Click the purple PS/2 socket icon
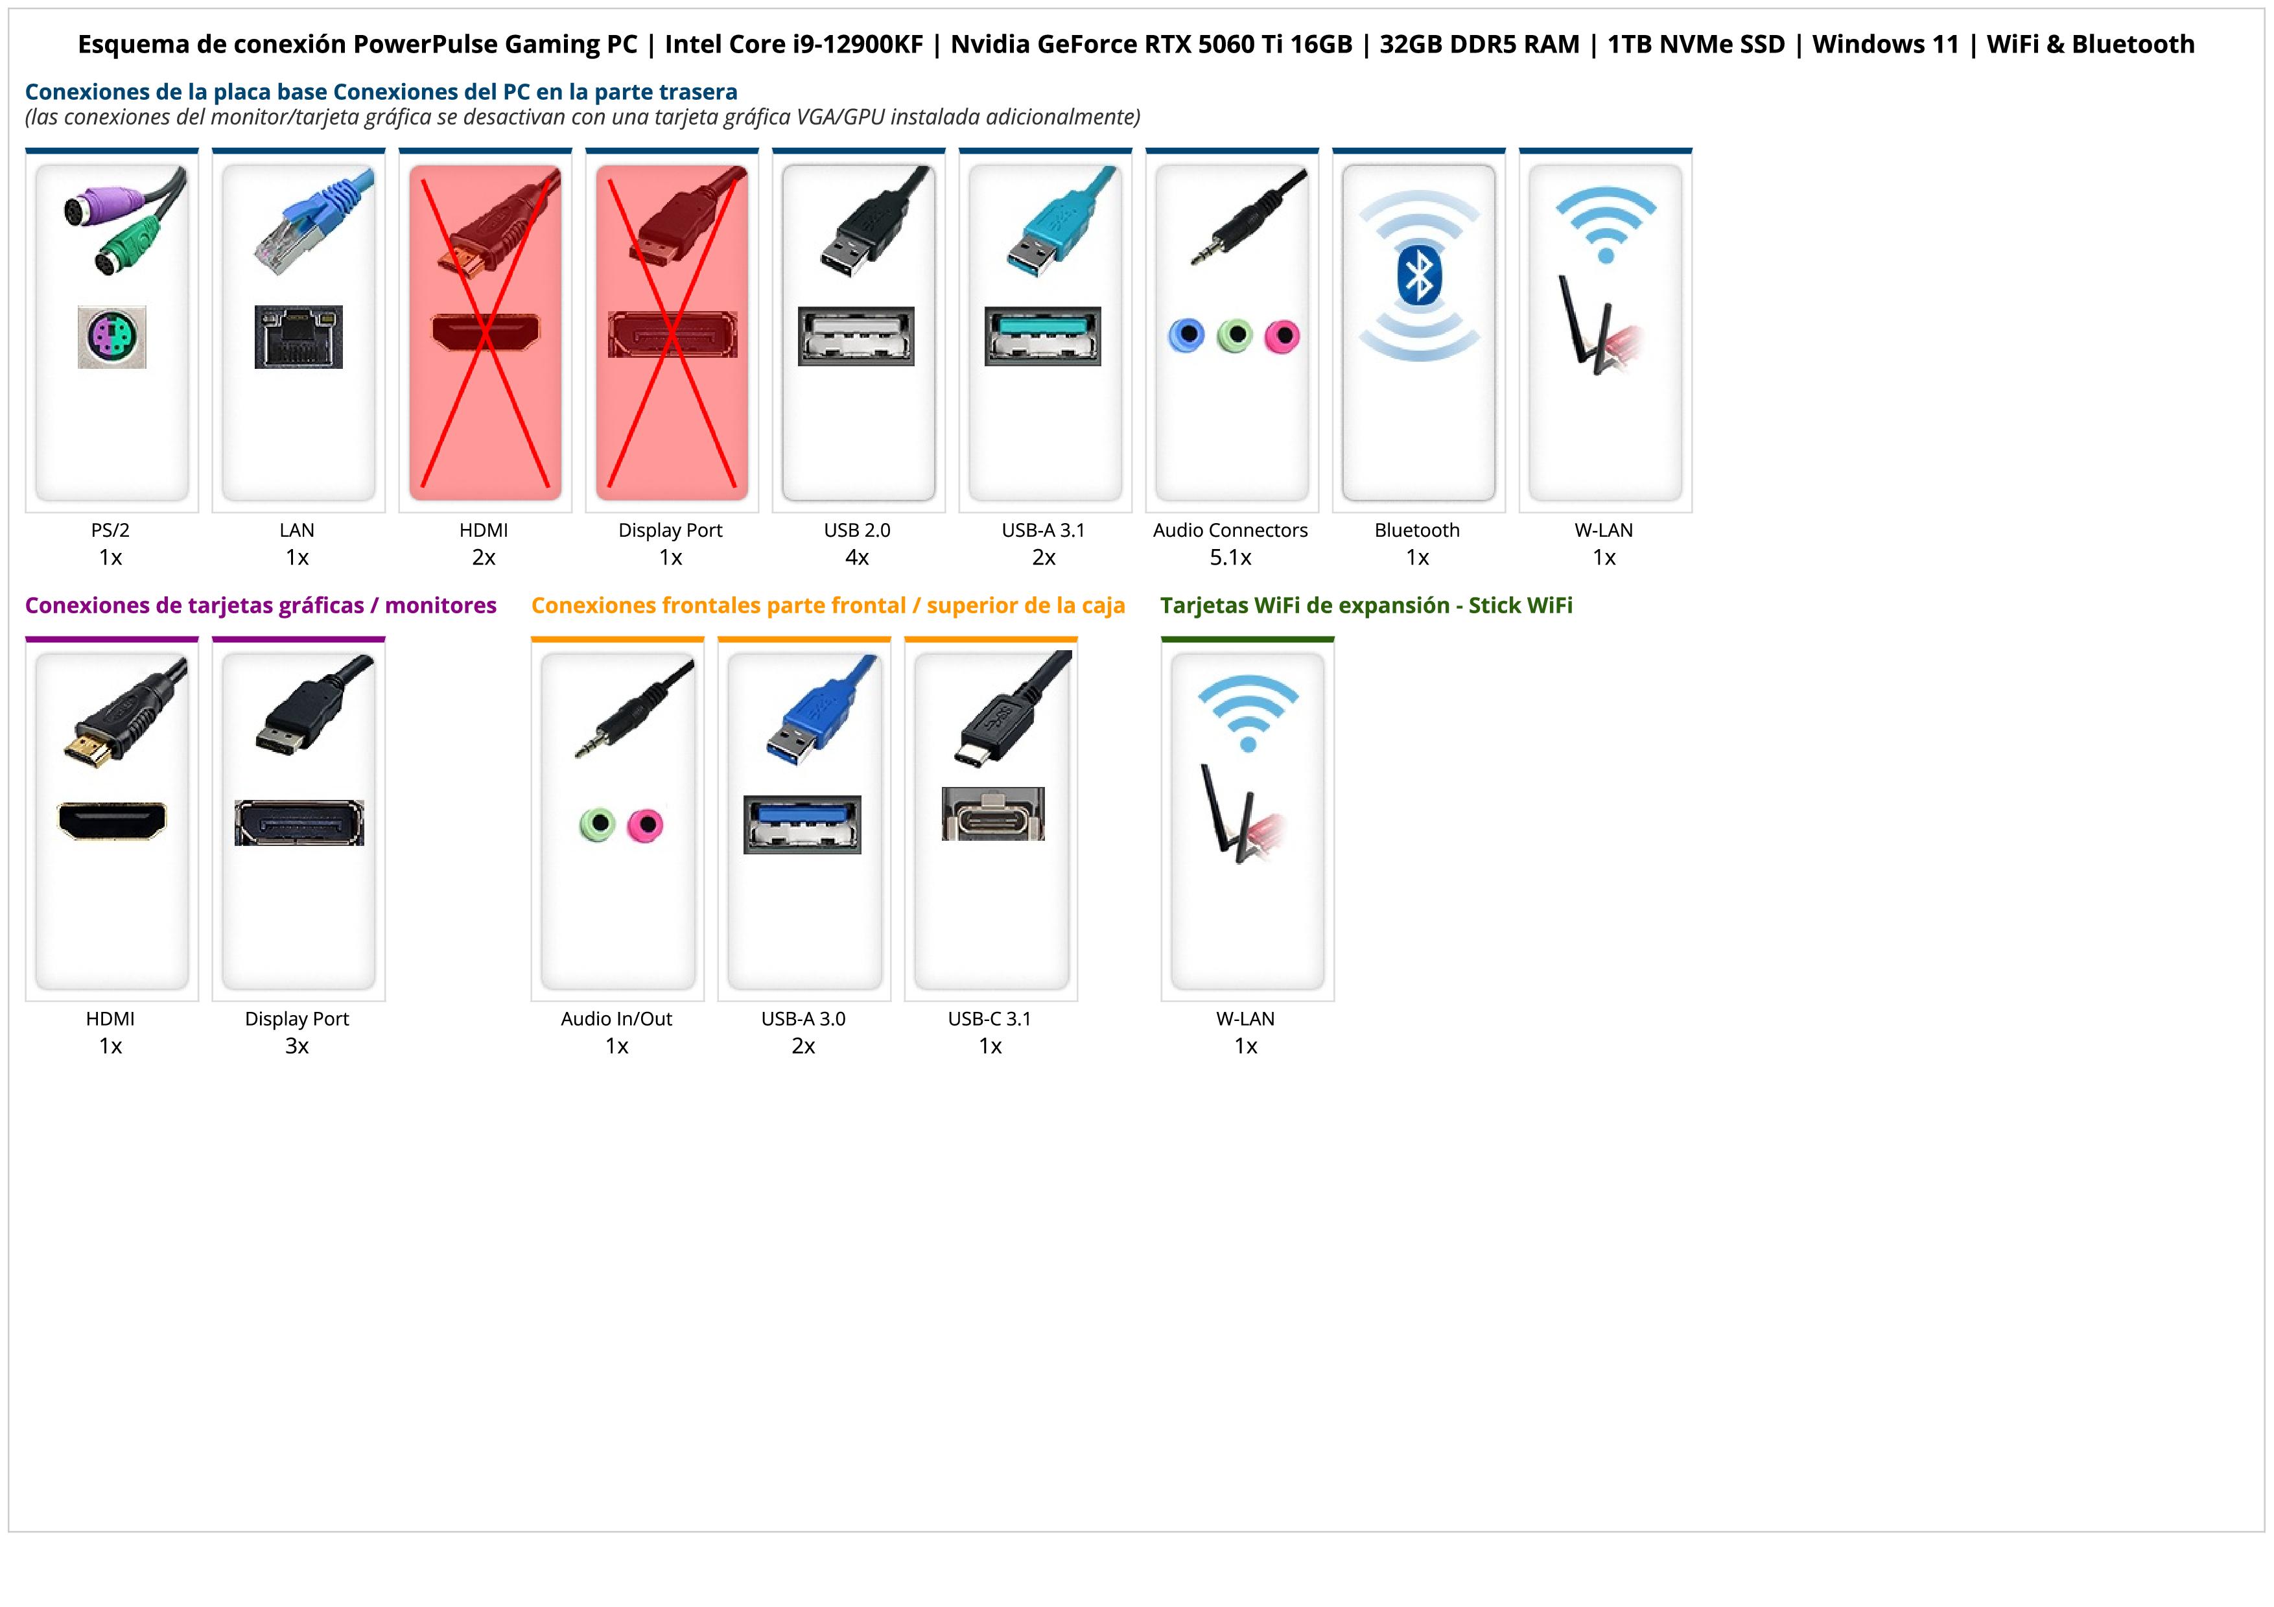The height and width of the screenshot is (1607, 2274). pyautogui.click(x=112, y=336)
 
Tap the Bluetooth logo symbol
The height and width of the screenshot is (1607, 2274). pyautogui.click(x=1418, y=276)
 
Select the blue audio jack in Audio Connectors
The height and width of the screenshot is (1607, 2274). pyautogui.click(x=1186, y=336)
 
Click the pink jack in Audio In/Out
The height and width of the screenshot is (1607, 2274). pyautogui.click(x=646, y=824)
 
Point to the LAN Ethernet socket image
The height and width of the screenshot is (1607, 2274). pyautogui.click(x=298, y=336)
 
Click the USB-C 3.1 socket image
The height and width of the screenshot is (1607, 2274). pyautogui.click(x=992, y=814)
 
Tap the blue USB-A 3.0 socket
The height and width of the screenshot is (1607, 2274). pyautogui.click(x=803, y=824)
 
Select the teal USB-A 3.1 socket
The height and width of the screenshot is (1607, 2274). pyautogui.click(x=1042, y=336)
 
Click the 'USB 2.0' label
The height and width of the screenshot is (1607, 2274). pyautogui.click(x=857, y=530)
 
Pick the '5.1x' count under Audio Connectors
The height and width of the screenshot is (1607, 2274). pyautogui.click(x=1230, y=557)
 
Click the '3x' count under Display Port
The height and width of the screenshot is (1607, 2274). pyautogui.click(x=297, y=1046)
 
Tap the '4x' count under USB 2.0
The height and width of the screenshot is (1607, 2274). pyautogui.click(x=857, y=557)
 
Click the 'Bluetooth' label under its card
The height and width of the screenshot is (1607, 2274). pyautogui.click(x=1416, y=530)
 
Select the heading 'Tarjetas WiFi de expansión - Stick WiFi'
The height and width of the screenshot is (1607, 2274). pyautogui.click(x=1366, y=605)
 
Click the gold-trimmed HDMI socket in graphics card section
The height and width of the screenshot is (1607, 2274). pyautogui.click(x=112, y=820)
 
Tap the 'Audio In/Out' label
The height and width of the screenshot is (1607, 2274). pyautogui.click(x=616, y=1019)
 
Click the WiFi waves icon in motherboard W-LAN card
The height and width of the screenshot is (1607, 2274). pyautogui.click(x=1606, y=223)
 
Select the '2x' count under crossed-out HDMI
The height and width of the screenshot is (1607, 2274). pyautogui.click(x=484, y=557)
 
